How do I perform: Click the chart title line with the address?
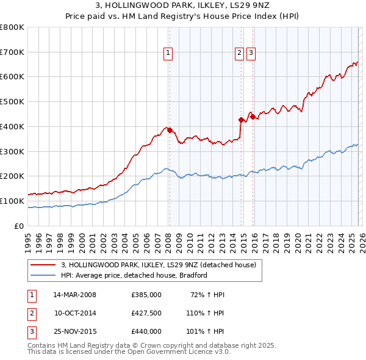(x=183, y=5)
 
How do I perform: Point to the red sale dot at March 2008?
(x=170, y=130)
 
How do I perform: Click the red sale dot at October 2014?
(x=242, y=120)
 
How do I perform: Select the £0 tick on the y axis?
(x=20, y=226)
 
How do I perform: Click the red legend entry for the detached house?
(x=162, y=265)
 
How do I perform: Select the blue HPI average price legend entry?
(x=134, y=275)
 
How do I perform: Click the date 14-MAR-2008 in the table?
(x=75, y=295)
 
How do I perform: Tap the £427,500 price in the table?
(x=146, y=313)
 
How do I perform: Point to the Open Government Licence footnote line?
(x=129, y=351)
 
